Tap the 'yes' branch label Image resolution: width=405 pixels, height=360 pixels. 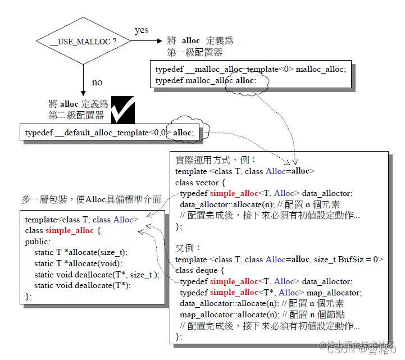142,30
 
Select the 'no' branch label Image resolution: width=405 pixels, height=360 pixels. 97,83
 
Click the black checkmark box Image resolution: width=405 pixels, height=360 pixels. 122,109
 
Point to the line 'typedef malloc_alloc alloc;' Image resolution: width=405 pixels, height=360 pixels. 206,80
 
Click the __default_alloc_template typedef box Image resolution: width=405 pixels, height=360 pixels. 110,133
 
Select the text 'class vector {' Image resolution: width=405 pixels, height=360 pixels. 200,183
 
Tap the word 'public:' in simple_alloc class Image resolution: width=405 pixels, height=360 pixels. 38,241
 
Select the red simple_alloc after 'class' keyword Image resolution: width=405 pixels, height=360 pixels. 70,230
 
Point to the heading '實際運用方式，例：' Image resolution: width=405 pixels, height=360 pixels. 216,160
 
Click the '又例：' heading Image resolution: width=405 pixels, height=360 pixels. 188,248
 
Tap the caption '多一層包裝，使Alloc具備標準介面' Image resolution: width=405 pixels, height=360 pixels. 91,200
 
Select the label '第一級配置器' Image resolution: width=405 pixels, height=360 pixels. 195,52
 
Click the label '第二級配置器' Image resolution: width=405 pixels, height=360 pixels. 76,115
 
